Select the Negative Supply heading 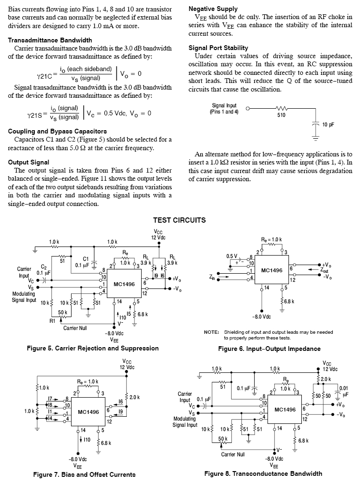click(213, 9)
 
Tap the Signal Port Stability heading click(218, 48)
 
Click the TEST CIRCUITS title click(179, 220)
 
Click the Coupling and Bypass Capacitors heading click(57, 131)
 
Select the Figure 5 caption click(93, 348)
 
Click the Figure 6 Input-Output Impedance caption click(269, 349)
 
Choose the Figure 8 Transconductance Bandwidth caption click(263, 473)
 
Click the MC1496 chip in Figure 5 click(124, 284)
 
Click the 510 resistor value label click(281, 115)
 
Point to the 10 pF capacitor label click(328, 124)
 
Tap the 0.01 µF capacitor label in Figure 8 click(343, 391)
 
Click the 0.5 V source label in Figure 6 click(232, 256)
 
